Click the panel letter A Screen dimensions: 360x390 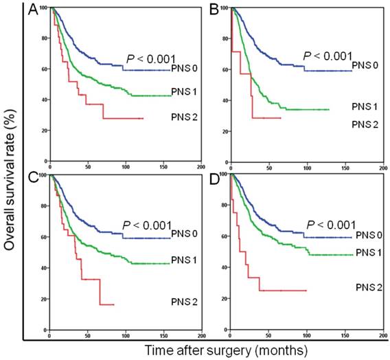point(32,9)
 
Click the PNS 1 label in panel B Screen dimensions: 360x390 point(367,108)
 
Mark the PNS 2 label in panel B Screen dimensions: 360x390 point(367,124)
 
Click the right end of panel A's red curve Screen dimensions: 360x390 point(142,119)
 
